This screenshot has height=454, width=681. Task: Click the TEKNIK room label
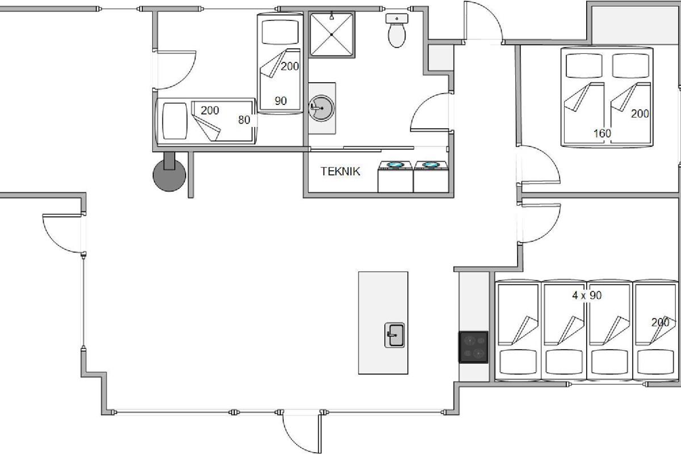point(340,171)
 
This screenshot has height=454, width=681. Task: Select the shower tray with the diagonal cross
point(331,35)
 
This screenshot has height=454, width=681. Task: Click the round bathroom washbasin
point(321,108)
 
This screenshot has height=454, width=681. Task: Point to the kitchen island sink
point(394,335)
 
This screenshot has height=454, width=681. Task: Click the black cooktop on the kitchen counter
point(474,347)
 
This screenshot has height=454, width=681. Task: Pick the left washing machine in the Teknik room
point(395,176)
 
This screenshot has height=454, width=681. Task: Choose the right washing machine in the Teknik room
point(431,176)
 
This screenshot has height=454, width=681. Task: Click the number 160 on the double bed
point(602,133)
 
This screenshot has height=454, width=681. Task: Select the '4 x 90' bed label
point(587,295)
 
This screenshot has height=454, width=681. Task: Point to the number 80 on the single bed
point(244,120)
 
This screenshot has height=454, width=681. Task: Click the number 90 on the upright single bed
point(280,101)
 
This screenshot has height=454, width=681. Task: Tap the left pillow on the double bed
point(584,66)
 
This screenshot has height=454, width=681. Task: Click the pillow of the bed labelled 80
point(175,121)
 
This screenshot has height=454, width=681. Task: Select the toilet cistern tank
point(397,18)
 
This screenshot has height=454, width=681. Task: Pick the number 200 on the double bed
point(640,113)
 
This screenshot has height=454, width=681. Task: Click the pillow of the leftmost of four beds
point(518,362)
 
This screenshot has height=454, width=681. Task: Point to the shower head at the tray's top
point(331,16)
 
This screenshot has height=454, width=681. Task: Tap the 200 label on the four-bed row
point(661,322)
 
